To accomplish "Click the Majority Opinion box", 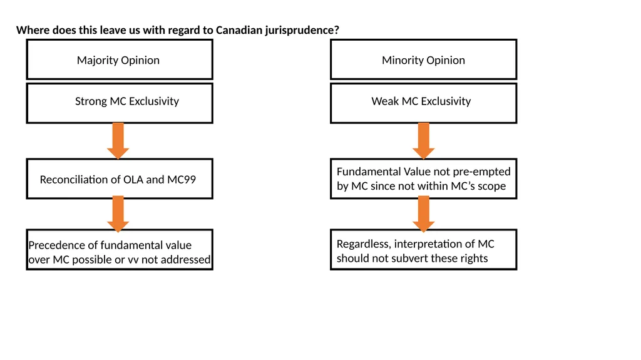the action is click(120, 59).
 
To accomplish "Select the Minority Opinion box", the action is click(424, 59).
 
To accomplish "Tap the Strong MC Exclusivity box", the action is click(120, 103).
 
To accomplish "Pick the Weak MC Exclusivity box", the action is click(424, 103).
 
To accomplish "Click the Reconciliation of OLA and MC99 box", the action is click(120, 179).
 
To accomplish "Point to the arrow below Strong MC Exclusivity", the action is click(118, 141).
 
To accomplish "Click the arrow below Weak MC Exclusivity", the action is click(424, 141).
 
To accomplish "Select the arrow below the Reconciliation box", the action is click(118, 214).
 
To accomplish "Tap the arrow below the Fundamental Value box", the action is click(424, 214).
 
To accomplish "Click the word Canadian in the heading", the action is click(238, 30).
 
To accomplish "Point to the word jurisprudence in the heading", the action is click(302, 31).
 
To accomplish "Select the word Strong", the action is click(91, 101).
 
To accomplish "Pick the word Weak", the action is click(385, 101).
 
